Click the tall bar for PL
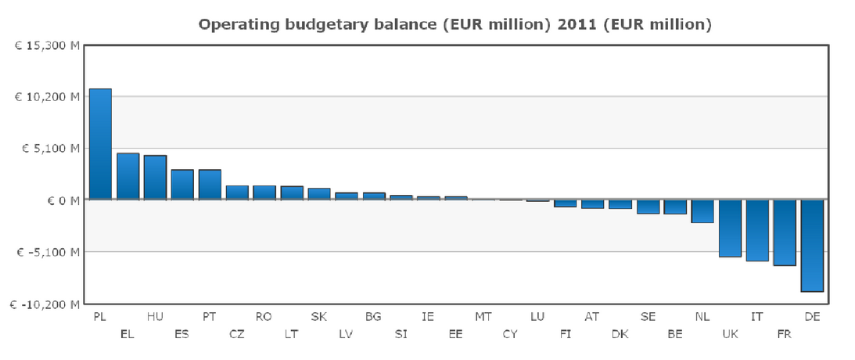(100, 144)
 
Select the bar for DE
(812, 245)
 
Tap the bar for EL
(128, 176)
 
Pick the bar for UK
(730, 228)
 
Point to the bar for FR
(785, 232)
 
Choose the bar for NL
(702, 211)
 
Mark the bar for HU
(155, 178)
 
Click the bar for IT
(757, 230)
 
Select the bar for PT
(210, 185)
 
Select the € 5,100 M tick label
(48, 149)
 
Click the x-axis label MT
(483, 316)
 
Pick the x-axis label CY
(510, 334)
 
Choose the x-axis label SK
(318, 316)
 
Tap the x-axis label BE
(675, 334)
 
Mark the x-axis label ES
(181, 334)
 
